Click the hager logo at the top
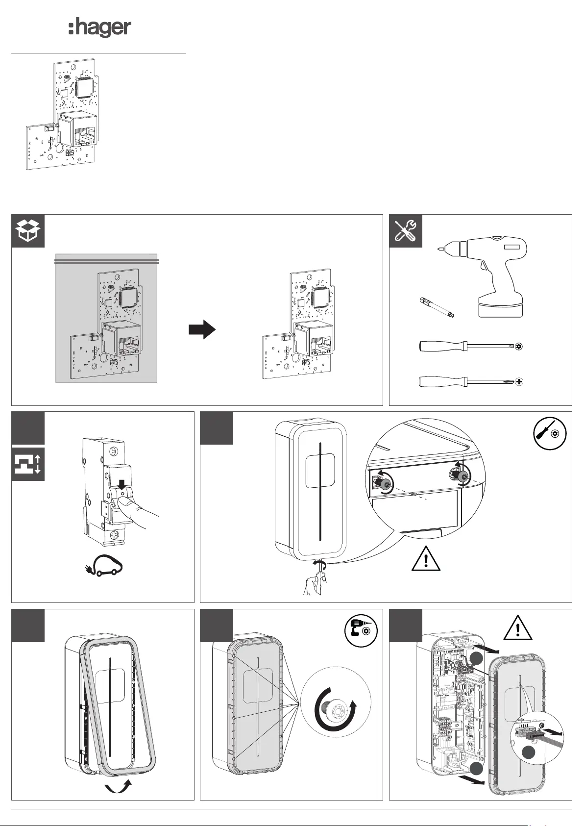point(99,28)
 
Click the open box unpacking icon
point(28,231)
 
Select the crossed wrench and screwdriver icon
point(406,231)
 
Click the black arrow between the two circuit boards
point(202,329)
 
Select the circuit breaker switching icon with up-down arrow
point(28,464)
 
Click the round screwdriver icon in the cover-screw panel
point(550,433)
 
